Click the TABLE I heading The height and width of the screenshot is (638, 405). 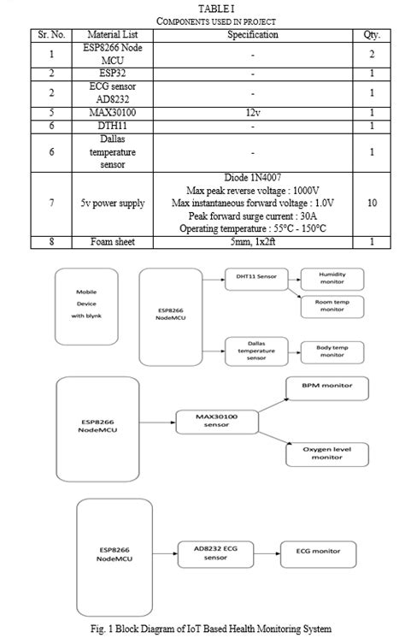pyautogui.click(x=202, y=8)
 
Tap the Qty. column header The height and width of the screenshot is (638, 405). pyautogui.click(x=371, y=34)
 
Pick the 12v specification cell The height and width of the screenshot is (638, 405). pyautogui.click(x=252, y=112)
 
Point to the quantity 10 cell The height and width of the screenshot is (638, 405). pyautogui.click(x=371, y=203)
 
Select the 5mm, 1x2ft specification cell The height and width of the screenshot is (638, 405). pyautogui.click(x=252, y=242)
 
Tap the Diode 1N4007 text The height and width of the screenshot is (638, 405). pyautogui.click(x=252, y=177)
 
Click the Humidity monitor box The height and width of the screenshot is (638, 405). pyautogui.click(x=332, y=278)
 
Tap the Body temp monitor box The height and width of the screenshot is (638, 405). pyautogui.click(x=332, y=350)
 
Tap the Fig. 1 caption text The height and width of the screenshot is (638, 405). pyautogui.click(x=202, y=629)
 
